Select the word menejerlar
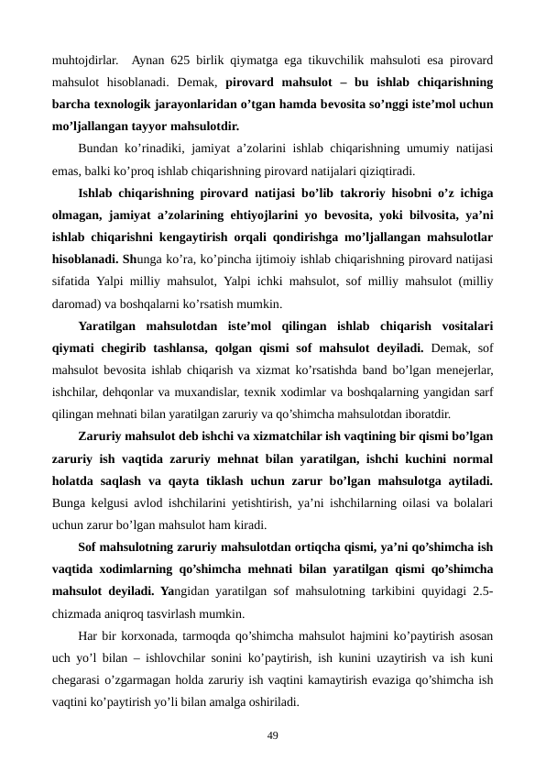point(464,369)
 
